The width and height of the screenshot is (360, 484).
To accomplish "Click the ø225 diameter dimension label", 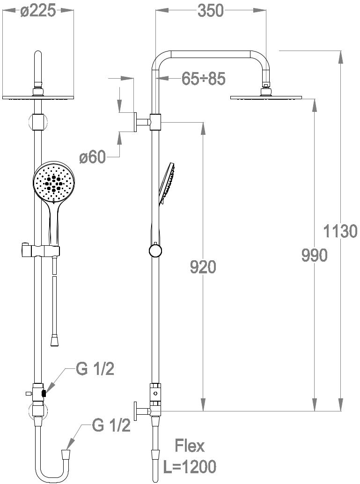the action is tap(38, 11).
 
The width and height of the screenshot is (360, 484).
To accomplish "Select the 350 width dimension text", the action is tap(211, 10).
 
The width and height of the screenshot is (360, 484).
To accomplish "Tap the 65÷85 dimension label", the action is tap(204, 79).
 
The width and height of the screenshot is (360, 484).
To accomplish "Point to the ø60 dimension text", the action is tap(92, 157).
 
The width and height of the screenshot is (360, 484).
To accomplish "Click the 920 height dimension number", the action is tap(203, 267).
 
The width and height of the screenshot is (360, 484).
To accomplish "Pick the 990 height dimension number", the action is tap(314, 256).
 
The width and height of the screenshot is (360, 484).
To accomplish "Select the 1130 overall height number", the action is tap(340, 231).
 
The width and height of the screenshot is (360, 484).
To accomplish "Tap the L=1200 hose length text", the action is tap(190, 467).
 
